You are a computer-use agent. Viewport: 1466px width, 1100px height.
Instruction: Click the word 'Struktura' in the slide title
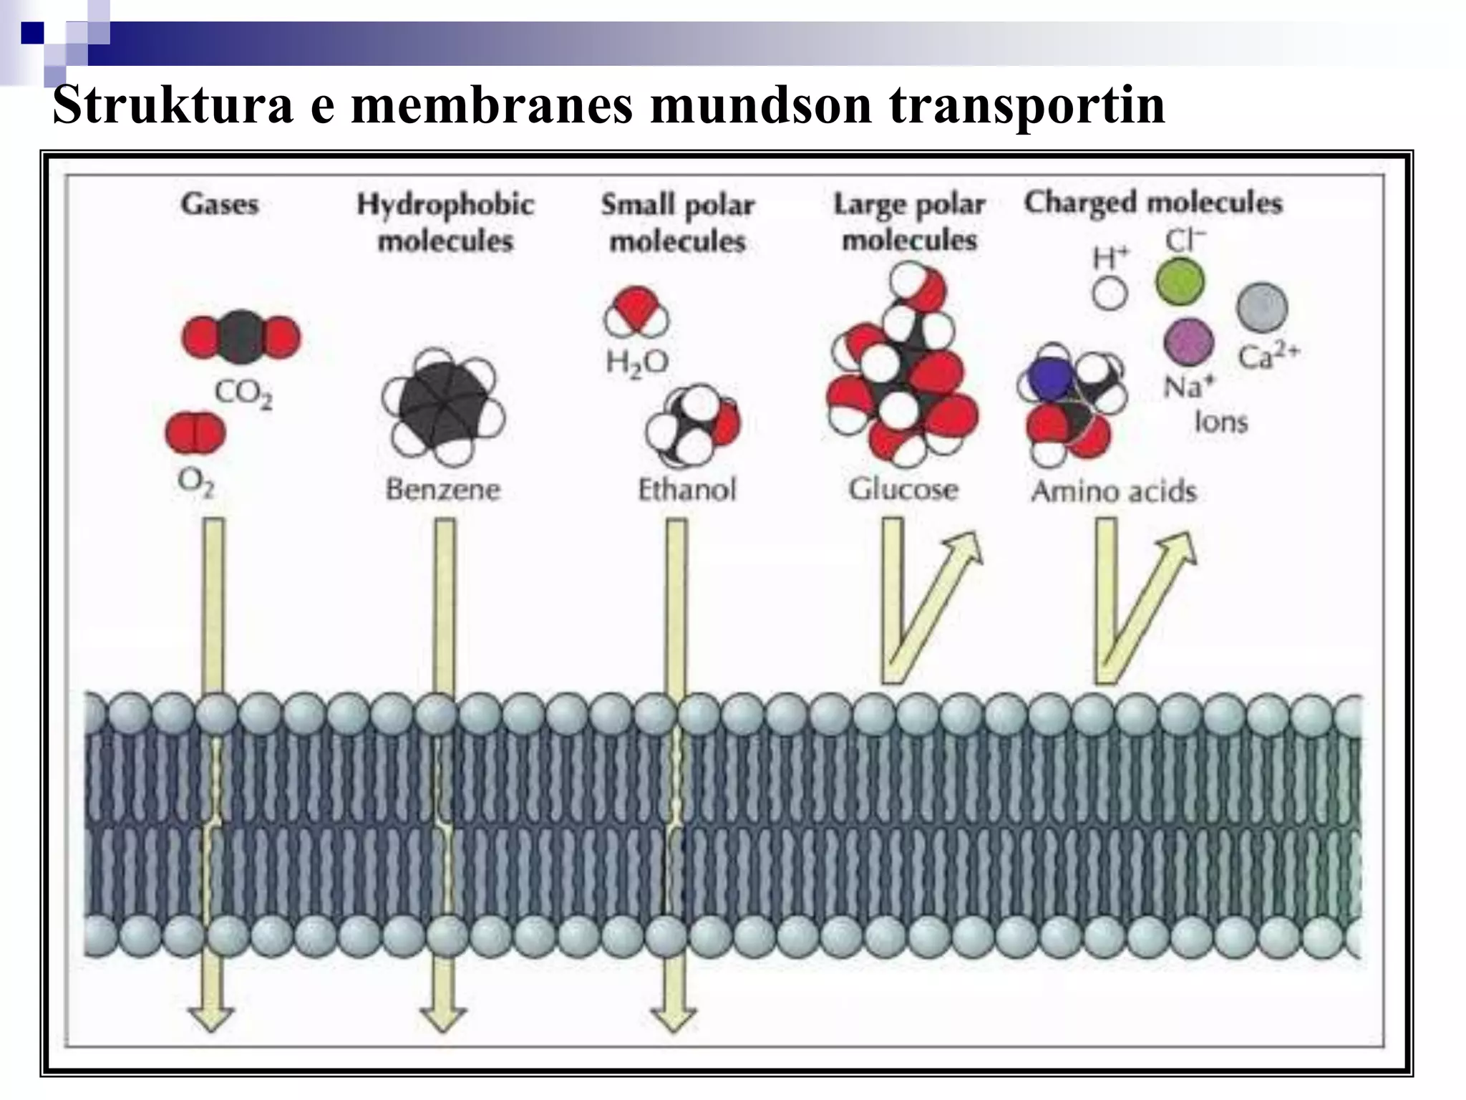(173, 105)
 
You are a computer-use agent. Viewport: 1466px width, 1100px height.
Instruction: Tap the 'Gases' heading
(219, 204)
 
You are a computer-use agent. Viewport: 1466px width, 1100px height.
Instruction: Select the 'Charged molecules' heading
(1152, 203)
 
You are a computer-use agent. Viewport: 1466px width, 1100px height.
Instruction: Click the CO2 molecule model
(241, 337)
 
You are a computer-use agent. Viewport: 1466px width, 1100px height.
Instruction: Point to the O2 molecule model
(195, 433)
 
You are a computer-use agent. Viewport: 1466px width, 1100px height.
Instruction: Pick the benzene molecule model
(444, 405)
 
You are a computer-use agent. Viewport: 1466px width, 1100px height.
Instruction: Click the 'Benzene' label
(443, 490)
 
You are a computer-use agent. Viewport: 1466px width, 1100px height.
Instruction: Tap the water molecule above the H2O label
(636, 312)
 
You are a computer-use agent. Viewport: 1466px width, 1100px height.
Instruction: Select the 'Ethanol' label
(686, 491)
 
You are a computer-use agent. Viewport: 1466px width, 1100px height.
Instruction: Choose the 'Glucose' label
(903, 490)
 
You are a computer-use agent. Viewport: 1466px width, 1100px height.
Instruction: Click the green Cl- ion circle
(1180, 281)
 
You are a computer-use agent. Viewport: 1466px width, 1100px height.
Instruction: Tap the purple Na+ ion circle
(1188, 342)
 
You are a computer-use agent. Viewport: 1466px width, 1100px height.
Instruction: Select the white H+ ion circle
(1110, 293)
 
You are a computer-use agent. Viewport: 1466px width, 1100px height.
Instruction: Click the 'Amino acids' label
(1114, 491)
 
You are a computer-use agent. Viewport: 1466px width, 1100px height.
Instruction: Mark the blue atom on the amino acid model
(1049, 380)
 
